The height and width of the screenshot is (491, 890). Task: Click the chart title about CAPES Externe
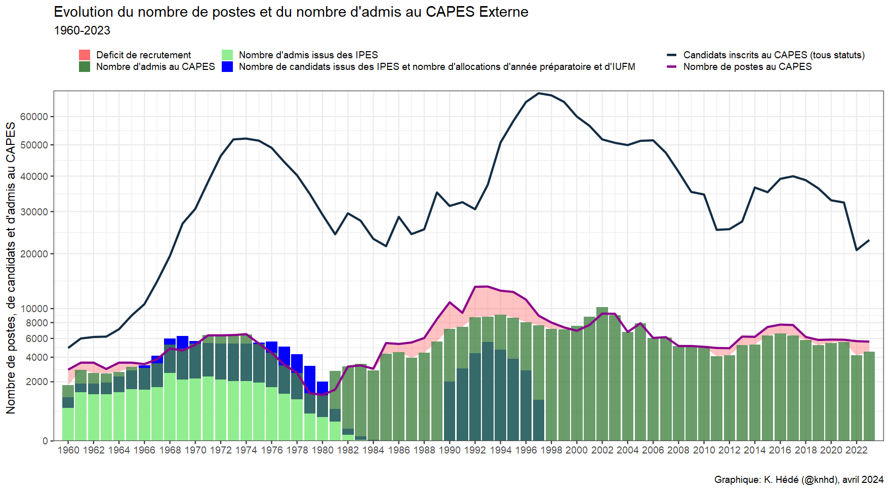pyautogui.click(x=291, y=12)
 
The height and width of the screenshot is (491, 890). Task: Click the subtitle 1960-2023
pyautogui.click(x=82, y=30)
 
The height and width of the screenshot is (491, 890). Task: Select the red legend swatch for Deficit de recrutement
pyautogui.click(x=85, y=55)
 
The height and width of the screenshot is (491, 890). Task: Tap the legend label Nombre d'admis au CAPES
pyautogui.click(x=155, y=67)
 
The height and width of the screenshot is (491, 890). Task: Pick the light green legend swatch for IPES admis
pyautogui.click(x=227, y=55)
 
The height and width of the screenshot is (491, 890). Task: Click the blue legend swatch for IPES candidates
pyautogui.click(x=227, y=67)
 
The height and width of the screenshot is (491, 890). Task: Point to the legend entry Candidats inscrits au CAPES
pyautogui.click(x=774, y=55)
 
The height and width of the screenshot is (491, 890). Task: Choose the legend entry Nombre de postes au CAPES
pyautogui.click(x=747, y=67)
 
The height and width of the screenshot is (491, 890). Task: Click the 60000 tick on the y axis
pyautogui.click(x=34, y=117)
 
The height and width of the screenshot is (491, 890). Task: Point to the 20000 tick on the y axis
pyautogui.click(x=34, y=254)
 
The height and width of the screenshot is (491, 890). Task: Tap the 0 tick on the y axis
pyautogui.click(x=45, y=441)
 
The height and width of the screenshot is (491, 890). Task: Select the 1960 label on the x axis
pyautogui.click(x=68, y=450)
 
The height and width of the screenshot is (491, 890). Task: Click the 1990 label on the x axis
pyautogui.click(x=450, y=450)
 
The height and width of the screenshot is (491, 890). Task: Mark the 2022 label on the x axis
pyautogui.click(x=856, y=450)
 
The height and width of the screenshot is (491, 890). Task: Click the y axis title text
pyautogui.click(x=11, y=268)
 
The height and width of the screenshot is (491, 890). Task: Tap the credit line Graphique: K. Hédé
pyautogui.click(x=798, y=479)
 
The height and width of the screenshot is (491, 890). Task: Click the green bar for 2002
pyautogui.click(x=602, y=375)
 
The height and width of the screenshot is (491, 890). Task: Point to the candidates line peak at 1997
pyautogui.click(x=539, y=93)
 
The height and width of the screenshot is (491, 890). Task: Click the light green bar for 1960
pyautogui.click(x=68, y=424)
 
